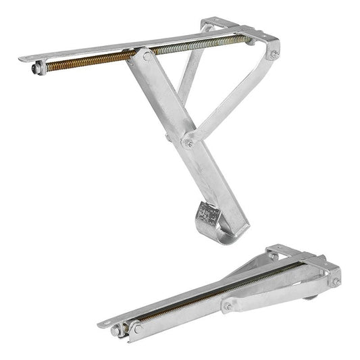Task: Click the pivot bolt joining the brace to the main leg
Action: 188,143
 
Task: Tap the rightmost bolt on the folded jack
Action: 334,282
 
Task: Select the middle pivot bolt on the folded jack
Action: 228,307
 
